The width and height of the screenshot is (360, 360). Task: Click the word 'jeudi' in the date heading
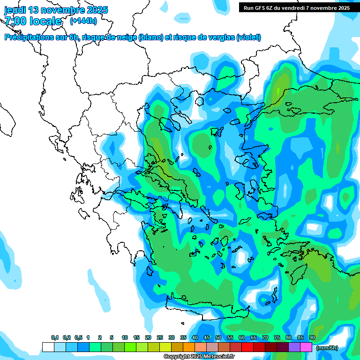pyautogui.click(x=15, y=10)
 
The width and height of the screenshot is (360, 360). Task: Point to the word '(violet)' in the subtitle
pyautogui.click(x=249, y=37)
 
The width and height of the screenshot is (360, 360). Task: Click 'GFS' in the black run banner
pyautogui.click(x=261, y=8)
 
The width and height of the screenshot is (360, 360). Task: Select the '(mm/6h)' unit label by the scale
pyautogui.click(x=327, y=348)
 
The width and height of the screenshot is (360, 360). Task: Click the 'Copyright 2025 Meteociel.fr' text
pyautogui.click(x=199, y=357)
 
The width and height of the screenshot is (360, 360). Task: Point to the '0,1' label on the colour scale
pyautogui.click(x=55, y=338)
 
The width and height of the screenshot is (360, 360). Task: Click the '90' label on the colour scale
pyautogui.click(x=312, y=338)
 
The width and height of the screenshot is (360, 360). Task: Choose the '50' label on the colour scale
pyautogui.click(x=218, y=338)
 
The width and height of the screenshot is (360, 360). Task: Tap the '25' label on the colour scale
pyautogui.click(x=159, y=338)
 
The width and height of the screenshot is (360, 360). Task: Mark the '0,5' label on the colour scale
pyautogui.click(x=78, y=338)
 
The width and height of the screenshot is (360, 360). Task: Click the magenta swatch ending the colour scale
pyautogui.click(x=306, y=347)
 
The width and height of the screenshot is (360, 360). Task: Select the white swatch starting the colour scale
pyautogui.click(x=48, y=347)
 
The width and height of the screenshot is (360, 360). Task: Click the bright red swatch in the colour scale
pyautogui.click(x=247, y=347)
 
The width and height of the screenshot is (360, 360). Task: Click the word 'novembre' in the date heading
pyautogui.click(x=60, y=10)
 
